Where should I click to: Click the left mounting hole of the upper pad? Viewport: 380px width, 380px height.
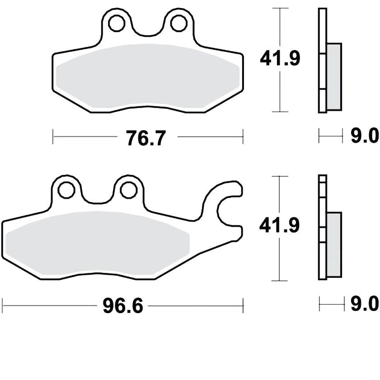coord(117,23)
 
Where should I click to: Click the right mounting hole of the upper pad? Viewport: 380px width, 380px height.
coord(179,23)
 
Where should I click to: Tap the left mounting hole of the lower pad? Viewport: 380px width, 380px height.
coord(66,190)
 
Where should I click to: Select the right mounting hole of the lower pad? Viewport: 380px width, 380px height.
coord(129,190)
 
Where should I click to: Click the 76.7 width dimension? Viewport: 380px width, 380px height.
coord(146,138)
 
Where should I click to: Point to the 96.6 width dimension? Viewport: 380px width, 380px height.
coord(123,306)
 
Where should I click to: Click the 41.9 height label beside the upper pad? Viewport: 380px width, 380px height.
coord(280,58)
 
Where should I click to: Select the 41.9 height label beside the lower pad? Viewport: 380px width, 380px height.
coord(279,225)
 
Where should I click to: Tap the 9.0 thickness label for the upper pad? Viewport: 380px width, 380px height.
coord(365,136)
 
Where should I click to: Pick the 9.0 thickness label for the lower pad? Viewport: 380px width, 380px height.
coord(365,304)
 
